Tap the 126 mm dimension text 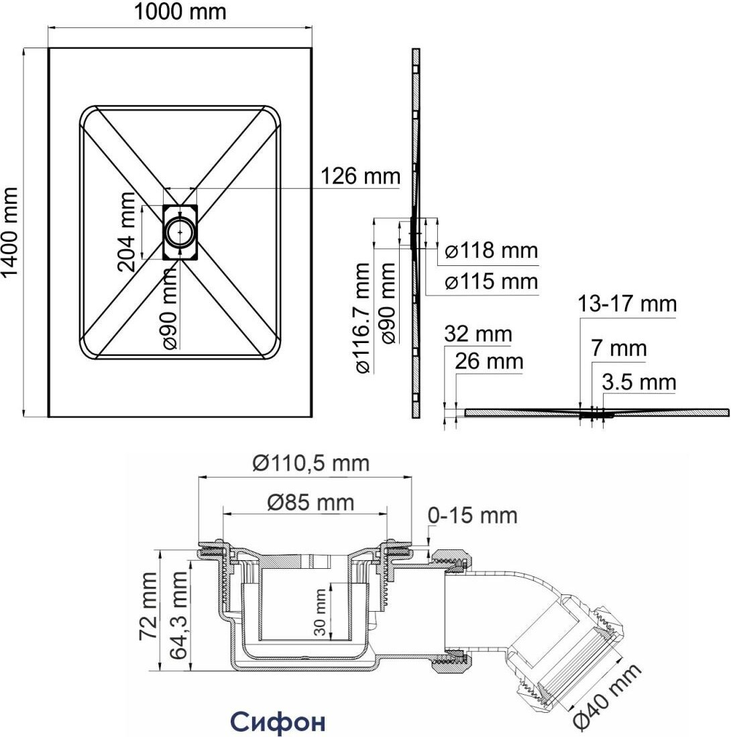359,178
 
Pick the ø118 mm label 492,251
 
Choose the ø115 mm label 492,282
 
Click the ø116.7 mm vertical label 361,318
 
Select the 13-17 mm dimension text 628,304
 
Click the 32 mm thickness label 477,334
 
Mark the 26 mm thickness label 488,362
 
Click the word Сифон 278,722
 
